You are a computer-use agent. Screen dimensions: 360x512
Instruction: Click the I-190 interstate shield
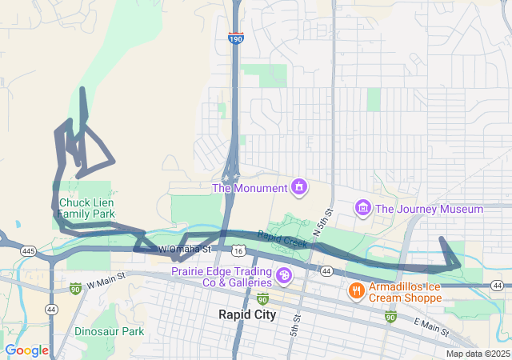[x=235, y=38]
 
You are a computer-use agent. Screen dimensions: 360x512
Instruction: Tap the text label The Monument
[x=249, y=188]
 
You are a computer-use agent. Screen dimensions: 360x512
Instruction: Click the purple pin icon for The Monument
[x=299, y=187]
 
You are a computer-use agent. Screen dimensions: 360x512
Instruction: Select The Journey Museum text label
[x=429, y=209]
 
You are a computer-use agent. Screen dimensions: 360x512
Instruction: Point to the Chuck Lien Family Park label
[x=86, y=209]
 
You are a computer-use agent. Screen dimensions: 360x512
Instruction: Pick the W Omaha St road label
[x=186, y=250]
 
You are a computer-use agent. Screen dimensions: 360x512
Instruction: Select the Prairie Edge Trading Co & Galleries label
[x=221, y=277]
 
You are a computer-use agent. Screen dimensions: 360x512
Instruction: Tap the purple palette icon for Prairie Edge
[x=283, y=277]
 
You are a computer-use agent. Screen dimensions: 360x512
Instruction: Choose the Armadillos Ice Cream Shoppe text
[x=406, y=292]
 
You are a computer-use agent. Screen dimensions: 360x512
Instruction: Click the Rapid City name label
[x=247, y=314]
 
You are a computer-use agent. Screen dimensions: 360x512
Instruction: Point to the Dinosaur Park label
[x=109, y=331]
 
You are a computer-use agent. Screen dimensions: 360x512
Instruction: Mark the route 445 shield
[x=29, y=251]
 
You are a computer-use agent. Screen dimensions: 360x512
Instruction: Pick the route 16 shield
[x=238, y=251]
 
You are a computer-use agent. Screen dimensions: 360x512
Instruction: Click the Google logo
[x=26, y=350]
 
